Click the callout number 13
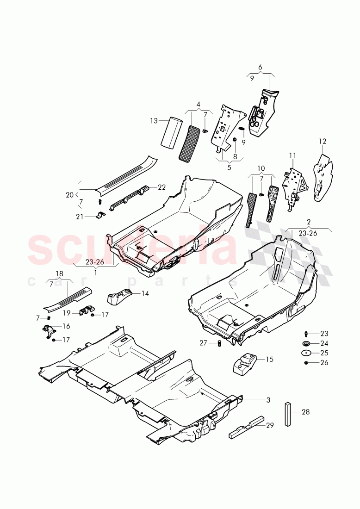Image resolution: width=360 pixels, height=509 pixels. [154, 121]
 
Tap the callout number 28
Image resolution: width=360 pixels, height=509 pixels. [305, 412]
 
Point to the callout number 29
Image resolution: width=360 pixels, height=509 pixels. [270, 425]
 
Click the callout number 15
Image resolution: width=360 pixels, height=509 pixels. [269, 359]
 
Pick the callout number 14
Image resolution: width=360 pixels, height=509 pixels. [145, 293]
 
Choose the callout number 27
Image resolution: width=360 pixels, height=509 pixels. [203, 343]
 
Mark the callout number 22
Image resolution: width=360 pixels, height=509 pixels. [161, 187]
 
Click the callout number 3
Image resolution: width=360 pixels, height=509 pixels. [268, 399]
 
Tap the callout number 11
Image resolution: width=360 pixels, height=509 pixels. [292, 155]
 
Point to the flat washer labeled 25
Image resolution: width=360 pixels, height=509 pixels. [306, 353]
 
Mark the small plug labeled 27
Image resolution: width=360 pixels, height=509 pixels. [219, 343]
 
